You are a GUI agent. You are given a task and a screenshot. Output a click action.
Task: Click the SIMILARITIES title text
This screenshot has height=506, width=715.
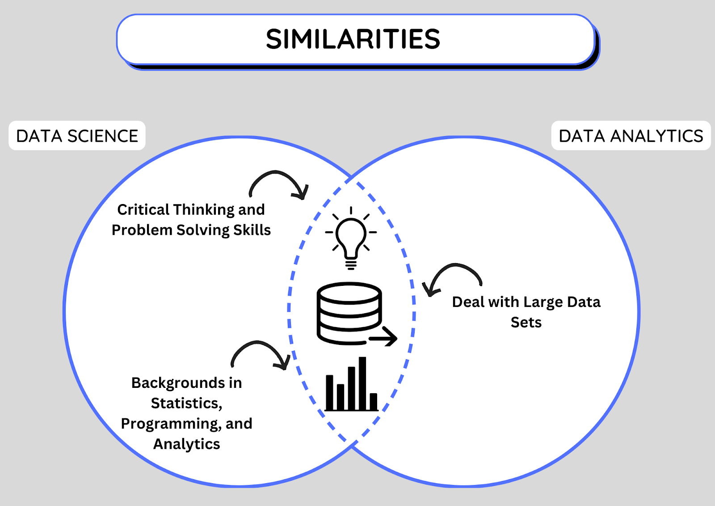click(353, 39)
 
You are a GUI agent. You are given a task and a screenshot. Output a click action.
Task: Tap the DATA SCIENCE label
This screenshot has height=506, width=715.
click(77, 136)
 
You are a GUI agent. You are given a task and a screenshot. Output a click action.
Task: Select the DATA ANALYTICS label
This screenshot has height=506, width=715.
click(631, 136)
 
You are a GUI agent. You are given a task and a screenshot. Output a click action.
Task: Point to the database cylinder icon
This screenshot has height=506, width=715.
click(349, 313)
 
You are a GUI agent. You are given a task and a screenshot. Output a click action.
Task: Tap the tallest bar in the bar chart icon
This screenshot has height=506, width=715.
click(362, 383)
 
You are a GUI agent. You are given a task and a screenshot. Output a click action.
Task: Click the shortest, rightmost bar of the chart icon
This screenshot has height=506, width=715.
click(374, 401)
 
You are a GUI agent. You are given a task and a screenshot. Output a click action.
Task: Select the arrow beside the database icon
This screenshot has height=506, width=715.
click(383, 336)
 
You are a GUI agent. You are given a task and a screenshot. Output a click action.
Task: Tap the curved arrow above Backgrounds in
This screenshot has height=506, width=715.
click(257, 342)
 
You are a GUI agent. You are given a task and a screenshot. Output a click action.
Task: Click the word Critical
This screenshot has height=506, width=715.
click(143, 210)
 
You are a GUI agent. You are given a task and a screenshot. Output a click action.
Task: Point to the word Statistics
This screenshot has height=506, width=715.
click(186, 404)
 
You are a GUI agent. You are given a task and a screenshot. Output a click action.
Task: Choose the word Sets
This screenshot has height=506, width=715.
click(526, 322)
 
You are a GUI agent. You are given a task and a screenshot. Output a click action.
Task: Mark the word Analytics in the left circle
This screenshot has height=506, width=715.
click(187, 444)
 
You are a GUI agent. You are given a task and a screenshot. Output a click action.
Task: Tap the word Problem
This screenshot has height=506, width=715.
click(142, 230)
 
